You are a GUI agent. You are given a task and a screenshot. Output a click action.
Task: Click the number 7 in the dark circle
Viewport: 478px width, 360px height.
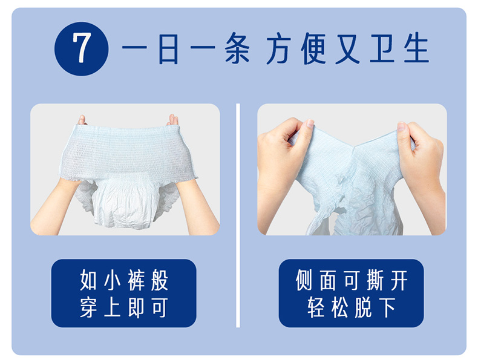pos(82,48)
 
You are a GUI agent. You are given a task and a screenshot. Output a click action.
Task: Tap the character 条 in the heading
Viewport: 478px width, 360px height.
pos(237,48)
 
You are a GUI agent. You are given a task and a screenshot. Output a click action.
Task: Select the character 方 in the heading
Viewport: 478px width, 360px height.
pos(278,48)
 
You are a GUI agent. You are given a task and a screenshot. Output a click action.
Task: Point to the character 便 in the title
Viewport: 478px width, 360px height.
pos(313,48)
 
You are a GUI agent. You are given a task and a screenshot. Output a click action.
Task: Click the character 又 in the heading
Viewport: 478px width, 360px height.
pos(348,48)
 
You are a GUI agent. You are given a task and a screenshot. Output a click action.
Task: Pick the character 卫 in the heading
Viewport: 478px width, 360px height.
pos(382,48)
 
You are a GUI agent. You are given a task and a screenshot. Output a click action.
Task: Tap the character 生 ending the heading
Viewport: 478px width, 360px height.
pos(417,48)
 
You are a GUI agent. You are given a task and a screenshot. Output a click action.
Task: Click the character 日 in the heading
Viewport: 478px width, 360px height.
pos(168,48)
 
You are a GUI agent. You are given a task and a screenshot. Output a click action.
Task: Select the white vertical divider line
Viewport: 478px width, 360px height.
pos(238,215)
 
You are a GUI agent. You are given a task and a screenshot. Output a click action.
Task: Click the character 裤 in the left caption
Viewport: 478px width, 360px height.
pos(136,280)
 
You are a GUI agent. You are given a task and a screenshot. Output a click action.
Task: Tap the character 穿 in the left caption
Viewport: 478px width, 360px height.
pos(88,307)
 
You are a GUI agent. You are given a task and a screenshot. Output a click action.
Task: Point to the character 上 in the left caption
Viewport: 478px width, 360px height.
pos(112,307)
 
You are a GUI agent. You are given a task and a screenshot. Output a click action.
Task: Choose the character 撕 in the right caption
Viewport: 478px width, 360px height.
pos(375,280)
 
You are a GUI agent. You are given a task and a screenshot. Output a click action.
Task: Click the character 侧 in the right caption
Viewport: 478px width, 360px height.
pos(304,280)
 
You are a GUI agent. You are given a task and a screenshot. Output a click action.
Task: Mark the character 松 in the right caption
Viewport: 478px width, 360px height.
pos(339,307)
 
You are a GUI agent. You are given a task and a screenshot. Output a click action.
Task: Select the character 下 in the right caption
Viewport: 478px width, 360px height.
pos(387,307)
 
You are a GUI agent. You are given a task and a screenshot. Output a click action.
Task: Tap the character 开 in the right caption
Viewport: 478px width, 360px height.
pos(399,280)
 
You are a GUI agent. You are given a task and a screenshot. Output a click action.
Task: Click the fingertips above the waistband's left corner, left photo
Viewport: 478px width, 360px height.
pos(82,120)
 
